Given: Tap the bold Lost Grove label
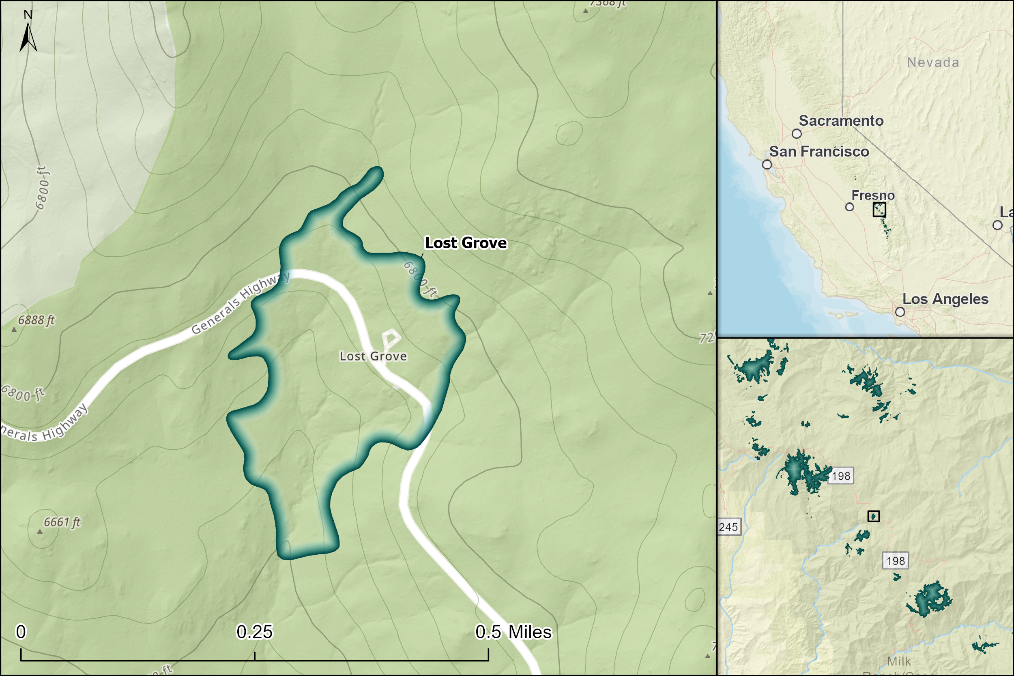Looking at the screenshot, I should coord(466,243).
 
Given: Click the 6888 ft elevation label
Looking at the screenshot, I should coord(36,320).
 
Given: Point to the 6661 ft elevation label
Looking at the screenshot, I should coord(62,522).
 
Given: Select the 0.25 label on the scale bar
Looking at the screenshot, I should coord(254,632).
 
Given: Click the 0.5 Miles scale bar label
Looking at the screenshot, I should coord(513,632).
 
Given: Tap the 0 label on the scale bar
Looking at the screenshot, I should coord(21,632).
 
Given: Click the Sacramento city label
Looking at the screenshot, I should coord(841,121).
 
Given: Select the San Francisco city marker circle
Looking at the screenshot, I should coord(767,165).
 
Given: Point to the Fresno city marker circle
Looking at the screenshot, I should coord(849,207).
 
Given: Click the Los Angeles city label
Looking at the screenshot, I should coord(945,299).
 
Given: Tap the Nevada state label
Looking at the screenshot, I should coord(933,62).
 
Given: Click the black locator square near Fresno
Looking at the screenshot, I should coord(879,210).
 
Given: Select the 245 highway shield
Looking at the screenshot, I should coord(728,527).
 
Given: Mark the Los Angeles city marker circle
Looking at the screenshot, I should coord(900,312).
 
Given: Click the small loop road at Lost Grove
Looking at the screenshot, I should coord(391,339).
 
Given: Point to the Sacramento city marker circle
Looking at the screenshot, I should coord(797,134).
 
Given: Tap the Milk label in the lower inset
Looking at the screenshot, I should coord(899,661).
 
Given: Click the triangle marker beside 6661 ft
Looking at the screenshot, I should coord(40,532).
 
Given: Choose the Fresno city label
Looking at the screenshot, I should coord(873,195).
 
